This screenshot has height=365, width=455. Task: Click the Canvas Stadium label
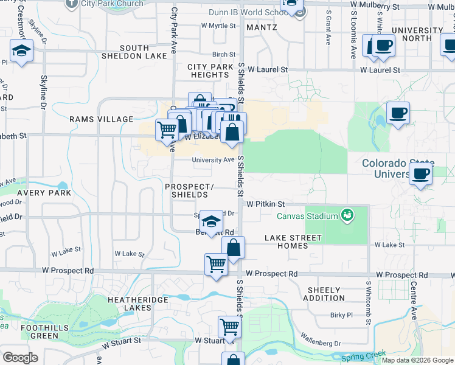(307, 216)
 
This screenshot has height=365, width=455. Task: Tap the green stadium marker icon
(347, 215)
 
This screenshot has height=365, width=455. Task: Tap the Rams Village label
(101, 119)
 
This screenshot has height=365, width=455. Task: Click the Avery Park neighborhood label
(44, 193)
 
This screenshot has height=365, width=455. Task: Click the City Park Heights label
(208, 71)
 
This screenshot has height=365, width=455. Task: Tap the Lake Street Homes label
(293, 242)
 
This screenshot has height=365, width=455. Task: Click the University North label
(417, 34)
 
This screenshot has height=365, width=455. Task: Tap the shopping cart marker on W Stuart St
(229, 327)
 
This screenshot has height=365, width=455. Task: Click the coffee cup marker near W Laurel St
(383, 46)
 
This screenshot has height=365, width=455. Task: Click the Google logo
(20, 358)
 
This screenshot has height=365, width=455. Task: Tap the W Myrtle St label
(218, 26)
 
